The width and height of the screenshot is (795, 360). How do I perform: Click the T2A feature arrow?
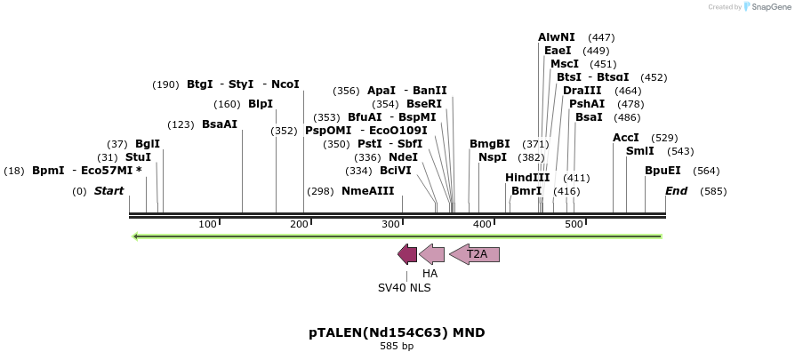point(475,254)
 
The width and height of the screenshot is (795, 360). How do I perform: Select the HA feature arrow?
point(432,254)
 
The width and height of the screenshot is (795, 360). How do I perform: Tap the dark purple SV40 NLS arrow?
point(407,254)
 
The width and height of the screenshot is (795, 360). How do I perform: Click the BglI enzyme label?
point(148,144)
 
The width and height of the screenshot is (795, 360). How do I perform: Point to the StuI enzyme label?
point(138,157)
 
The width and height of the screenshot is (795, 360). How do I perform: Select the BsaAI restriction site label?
point(220,124)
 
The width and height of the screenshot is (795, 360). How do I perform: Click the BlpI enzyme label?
point(261,104)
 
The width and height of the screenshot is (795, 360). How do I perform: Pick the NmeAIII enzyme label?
point(367,191)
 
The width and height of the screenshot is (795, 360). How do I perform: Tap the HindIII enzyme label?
point(527,178)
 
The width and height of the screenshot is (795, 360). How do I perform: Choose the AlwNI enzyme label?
point(557,37)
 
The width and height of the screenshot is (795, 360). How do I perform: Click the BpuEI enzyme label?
point(662,171)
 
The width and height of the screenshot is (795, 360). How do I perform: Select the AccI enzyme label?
point(626,138)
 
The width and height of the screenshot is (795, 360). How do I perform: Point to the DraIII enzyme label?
point(582,91)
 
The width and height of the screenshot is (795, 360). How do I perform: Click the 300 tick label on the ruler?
point(390,224)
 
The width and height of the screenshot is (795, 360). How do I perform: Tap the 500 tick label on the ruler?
point(574,224)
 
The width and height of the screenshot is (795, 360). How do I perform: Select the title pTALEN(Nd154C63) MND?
point(397,332)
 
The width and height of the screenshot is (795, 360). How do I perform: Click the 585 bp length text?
point(397,346)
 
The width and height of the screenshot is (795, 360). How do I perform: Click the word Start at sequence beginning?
point(108,191)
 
